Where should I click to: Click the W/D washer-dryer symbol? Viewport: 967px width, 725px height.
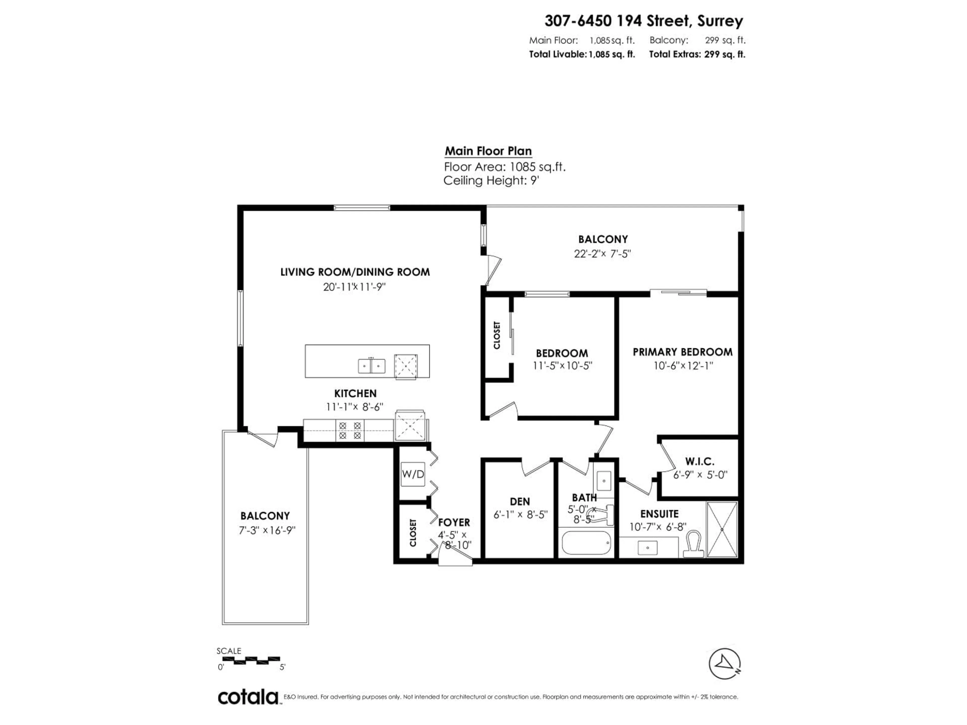413,474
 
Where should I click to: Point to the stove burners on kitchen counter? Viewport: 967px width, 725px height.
350,430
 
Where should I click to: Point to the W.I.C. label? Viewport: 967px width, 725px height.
700,461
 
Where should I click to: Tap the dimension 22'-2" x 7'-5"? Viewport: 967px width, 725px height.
602,253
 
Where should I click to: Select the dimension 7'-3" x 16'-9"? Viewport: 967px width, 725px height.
267,530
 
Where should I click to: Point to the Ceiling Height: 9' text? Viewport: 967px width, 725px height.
491,180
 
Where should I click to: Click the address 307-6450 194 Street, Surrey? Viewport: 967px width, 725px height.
643,21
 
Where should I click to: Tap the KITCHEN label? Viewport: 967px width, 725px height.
355,393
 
